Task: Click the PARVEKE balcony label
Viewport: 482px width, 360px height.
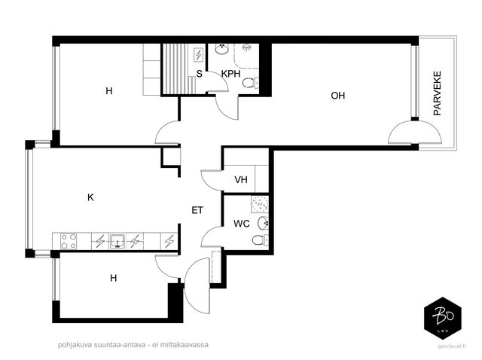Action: pos(437,93)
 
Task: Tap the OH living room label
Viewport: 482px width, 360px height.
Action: pos(338,96)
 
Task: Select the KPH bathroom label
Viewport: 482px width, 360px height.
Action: pos(231,74)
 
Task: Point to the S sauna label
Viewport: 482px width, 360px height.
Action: pos(199,74)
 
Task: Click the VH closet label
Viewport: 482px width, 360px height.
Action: pos(241,179)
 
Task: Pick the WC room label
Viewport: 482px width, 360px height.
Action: pos(242,224)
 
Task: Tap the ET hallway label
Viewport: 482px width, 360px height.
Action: pos(197,210)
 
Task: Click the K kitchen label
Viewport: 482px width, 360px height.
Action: pos(90,197)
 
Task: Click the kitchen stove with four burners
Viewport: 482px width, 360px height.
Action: pos(69,241)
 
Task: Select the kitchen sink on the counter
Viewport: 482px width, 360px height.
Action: pos(117,241)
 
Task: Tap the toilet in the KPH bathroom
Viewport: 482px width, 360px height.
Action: pos(251,83)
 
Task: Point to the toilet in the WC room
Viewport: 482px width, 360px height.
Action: pos(260,240)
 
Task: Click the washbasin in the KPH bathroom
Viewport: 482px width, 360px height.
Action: pos(221,49)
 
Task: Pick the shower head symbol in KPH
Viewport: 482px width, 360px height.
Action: pos(246,47)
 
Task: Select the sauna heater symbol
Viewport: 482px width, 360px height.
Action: pos(198,55)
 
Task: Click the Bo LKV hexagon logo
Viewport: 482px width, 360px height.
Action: pos(443,318)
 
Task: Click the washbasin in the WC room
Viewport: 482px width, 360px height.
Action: pos(263,223)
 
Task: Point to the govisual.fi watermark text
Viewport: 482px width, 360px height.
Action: pos(452,346)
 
